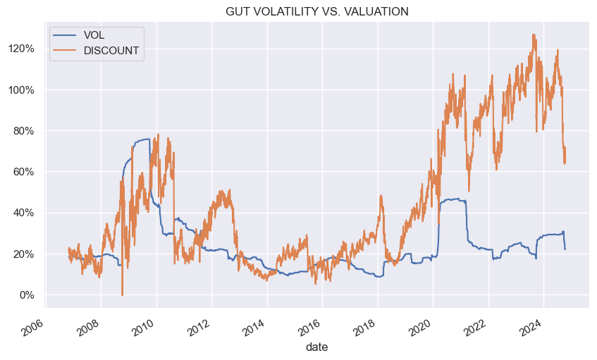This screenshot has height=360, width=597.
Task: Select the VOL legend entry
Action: tap(94, 35)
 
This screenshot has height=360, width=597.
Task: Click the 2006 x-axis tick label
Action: tap(34, 324)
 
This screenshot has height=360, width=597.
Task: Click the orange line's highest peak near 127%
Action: tap(534, 35)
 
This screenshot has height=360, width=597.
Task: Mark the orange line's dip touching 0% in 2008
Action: tap(122, 294)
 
